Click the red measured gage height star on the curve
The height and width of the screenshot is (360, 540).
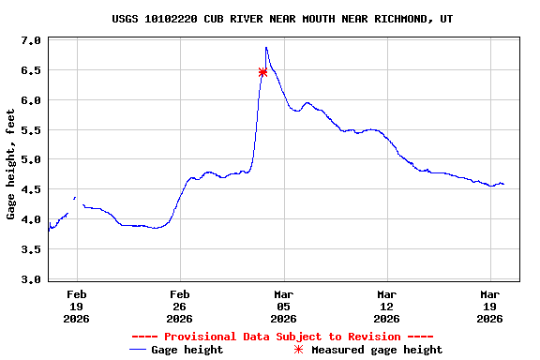pos(262,72)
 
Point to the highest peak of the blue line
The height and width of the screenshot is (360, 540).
pos(266,48)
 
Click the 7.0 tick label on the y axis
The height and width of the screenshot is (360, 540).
pos(31,40)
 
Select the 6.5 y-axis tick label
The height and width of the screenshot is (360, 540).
pos(31,70)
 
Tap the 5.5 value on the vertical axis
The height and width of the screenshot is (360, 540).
pos(31,130)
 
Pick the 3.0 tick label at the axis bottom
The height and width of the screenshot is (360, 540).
pos(31,279)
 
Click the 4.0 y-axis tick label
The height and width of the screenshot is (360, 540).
pos(31,219)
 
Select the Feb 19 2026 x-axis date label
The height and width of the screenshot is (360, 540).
pos(77,306)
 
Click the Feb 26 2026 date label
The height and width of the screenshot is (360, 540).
pos(180,306)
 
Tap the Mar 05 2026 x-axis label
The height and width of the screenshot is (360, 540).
pos(283,306)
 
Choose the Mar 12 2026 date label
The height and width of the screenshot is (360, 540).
pos(386,306)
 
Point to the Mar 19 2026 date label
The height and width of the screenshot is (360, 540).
pos(489,306)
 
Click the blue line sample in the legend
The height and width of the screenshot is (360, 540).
pos(138,350)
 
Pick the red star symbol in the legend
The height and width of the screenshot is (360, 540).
pos(299,350)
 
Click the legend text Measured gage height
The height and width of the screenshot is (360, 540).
pos(377,350)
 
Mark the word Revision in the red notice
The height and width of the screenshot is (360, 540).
pos(373,337)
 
